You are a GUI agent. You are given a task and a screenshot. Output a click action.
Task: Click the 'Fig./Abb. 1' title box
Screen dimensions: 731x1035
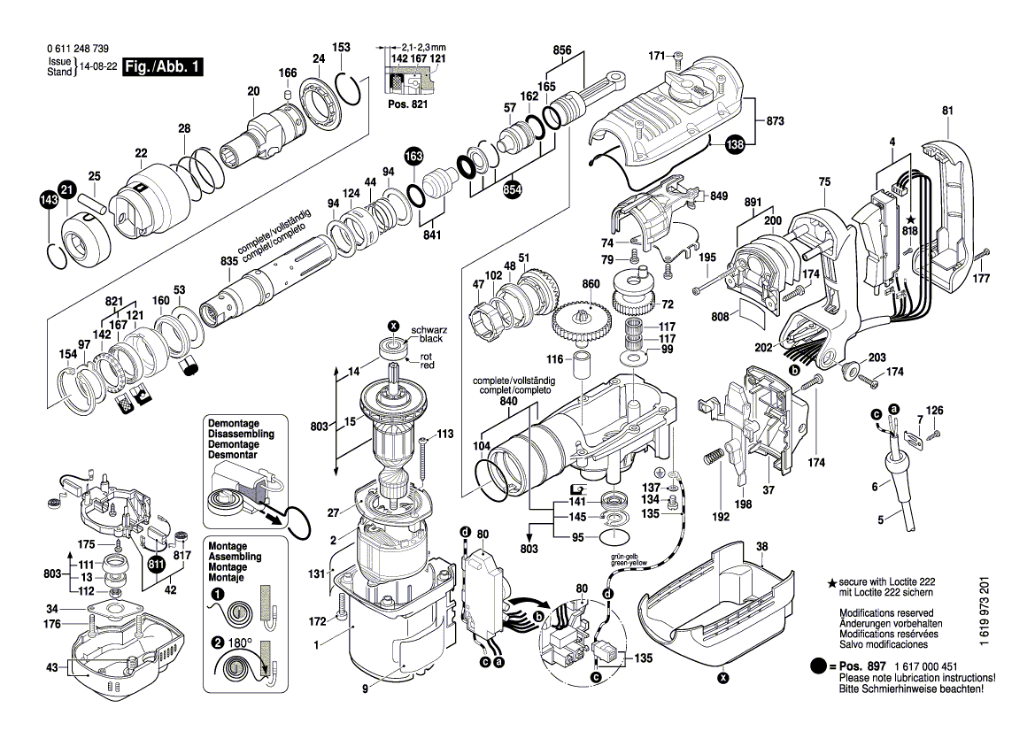point(164,67)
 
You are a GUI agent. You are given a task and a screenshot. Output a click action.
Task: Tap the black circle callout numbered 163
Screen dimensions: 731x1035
point(413,157)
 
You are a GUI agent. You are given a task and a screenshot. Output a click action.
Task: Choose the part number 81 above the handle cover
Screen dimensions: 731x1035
point(947,111)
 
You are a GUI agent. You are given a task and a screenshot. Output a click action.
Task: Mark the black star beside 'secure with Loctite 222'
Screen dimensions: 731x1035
point(831,584)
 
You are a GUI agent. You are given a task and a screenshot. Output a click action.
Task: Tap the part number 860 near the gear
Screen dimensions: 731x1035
point(591,284)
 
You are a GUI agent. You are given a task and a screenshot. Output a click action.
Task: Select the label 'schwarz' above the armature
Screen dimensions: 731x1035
point(434,329)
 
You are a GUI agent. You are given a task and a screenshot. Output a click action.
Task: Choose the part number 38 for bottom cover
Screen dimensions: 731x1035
point(761,547)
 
